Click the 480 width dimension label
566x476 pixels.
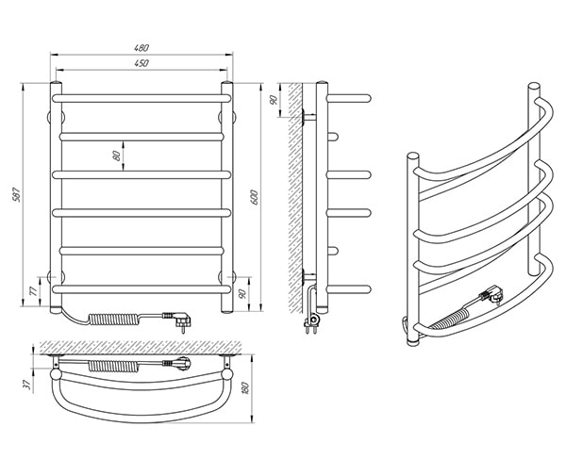[x=141, y=47]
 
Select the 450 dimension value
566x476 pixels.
[x=141, y=63]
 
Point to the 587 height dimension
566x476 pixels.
[x=17, y=194]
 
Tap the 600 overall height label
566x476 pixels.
[x=254, y=197]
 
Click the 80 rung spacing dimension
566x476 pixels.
[x=116, y=156]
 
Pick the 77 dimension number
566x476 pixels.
[x=33, y=290]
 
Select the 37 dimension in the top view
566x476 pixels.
[x=26, y=385]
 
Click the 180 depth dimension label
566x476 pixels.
[x=246, y=388]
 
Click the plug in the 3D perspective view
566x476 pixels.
[x=491, y=295]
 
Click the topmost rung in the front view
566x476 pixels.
[x=141, y=98]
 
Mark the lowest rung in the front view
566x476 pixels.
[x=141, y=289]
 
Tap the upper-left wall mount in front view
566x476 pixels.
[x=56, y=117]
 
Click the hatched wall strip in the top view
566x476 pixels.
[x=141, y=347]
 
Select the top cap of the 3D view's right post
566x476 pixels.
[x=534, y=87]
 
